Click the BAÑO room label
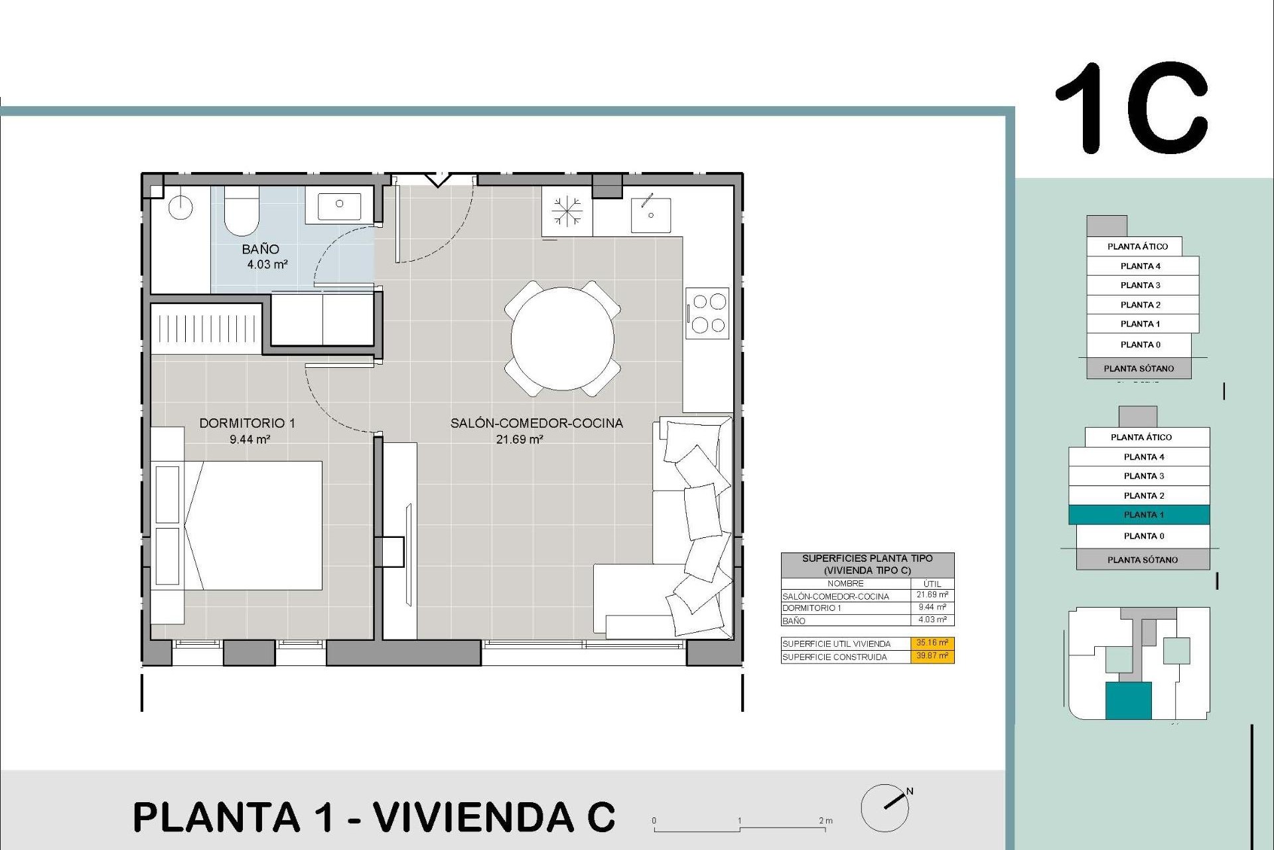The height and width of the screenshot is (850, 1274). click(260, 250)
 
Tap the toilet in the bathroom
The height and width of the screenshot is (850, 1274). click(242, 211)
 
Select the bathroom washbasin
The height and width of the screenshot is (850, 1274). click(339, 205)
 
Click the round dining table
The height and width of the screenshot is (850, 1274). click(562, 339)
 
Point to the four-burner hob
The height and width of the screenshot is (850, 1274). click(708, 313)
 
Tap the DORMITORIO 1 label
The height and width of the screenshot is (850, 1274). click(247, 423)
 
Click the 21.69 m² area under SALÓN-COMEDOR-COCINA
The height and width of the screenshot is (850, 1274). click(520, 439)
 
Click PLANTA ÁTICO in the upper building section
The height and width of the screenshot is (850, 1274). click(1137, 246)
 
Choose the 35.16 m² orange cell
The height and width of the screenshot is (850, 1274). click(932, 643)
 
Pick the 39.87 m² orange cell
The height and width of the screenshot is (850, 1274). click(932, 656)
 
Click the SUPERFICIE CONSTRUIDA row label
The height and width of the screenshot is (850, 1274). click(835, 657)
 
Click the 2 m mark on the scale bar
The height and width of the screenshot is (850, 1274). click(825, 821)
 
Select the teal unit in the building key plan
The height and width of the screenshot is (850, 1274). click(1128, 701)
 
